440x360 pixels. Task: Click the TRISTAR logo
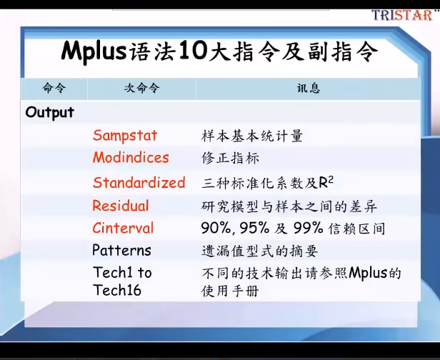[x=403, y=15]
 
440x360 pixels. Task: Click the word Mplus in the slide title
[x=94, y=51]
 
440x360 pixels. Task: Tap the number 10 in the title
[x=192, y=51]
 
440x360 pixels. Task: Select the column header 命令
[x=54, y=88]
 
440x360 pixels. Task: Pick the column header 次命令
[x=141, y=88]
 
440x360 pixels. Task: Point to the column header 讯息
[x=309, y=88]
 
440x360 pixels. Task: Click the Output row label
[x=50, y=113]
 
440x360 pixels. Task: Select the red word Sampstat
[x=125, y=136]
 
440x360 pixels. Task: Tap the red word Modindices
[x=131, y=157]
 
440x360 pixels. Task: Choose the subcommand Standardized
[x=139, y=182]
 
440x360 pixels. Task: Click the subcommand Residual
[x=121, y=206]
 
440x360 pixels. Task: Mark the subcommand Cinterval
[x=123, y=228]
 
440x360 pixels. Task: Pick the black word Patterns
[x=121, y=250]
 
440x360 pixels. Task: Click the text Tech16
[x=117, y=290]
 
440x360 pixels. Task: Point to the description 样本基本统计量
[x=252, y=136]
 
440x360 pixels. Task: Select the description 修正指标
[x=230, y=158]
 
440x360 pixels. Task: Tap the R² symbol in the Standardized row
[x=326, y=182]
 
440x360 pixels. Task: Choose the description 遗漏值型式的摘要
[x=259, y=251]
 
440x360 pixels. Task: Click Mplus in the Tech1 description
[x=368, y=273]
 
